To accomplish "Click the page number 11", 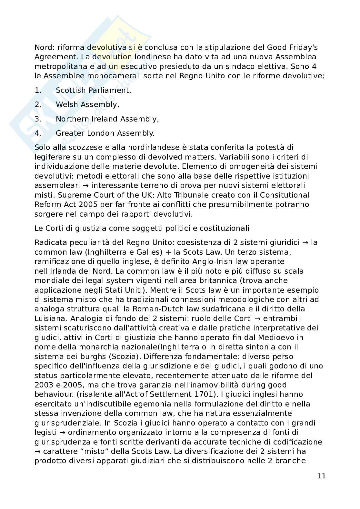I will [322, 476].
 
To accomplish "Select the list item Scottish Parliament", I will [93, 91].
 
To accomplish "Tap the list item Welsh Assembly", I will [87, 105].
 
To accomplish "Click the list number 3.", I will [38, 119].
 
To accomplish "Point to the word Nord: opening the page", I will [45, 48].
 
